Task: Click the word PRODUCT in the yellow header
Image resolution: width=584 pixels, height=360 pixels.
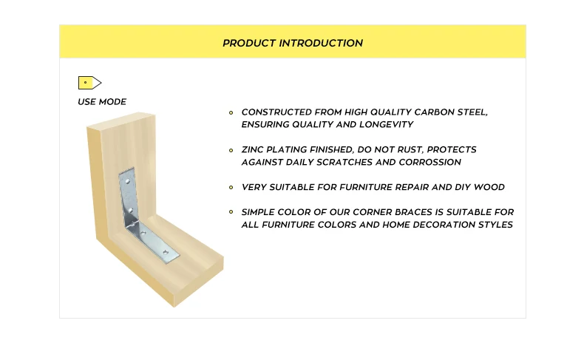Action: point(249,44)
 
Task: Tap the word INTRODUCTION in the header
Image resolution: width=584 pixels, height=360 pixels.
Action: point(321,44)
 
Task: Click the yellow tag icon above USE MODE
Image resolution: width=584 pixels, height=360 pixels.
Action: point(89,83)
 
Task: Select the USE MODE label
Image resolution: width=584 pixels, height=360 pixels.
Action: point(102,102)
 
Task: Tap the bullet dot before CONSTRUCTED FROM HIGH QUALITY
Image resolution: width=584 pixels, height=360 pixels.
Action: point(231,112)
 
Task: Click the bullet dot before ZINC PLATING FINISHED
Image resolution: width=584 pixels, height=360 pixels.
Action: point(231,150)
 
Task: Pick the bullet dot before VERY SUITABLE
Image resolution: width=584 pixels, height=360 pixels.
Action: point(231,188)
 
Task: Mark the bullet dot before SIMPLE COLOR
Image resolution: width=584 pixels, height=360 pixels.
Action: point(231,213)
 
